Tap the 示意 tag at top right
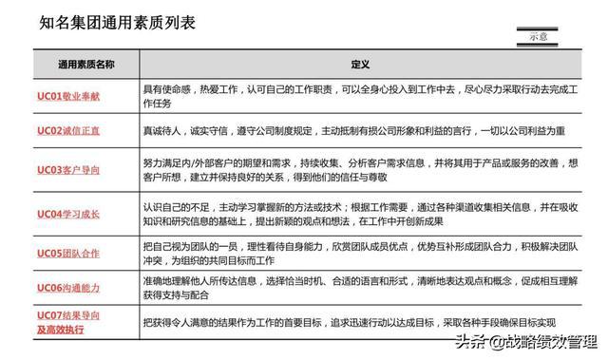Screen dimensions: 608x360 coord(538,36)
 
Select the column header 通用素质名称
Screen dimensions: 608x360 coord(85,65)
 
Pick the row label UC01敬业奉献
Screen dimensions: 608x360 coord(67,96)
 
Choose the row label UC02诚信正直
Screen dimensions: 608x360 coord(67,130)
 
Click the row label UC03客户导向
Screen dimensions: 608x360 coord(67,169)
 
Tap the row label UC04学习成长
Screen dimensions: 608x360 coord(67,215)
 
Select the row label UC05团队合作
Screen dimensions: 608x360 coord(67,253)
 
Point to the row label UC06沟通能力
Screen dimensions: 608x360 coord(67,286)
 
